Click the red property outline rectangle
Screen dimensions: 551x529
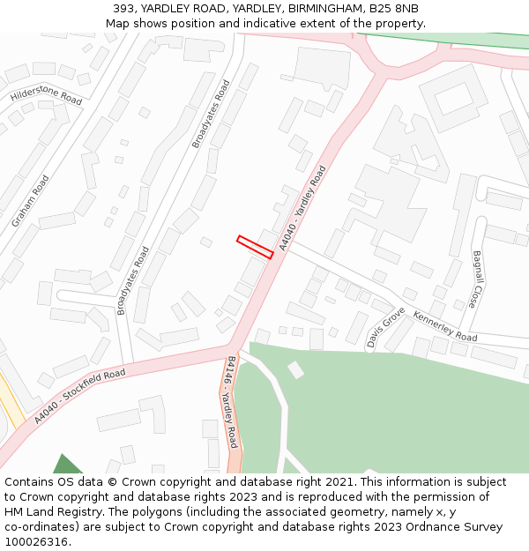[x=255, y=247]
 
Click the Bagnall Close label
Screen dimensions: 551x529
[x=477, y=279]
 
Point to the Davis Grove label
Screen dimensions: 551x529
[x=385, y=327]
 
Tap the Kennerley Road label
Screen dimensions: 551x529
[x=445, y=326]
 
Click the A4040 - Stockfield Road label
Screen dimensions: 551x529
[x=80, y=398]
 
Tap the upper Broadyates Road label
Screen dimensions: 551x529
[x=211, y=115]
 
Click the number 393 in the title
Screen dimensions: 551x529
[x=123, y=8]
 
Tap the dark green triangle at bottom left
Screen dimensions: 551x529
[x=66, y=465]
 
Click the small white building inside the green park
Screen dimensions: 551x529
[x=296, y=369]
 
